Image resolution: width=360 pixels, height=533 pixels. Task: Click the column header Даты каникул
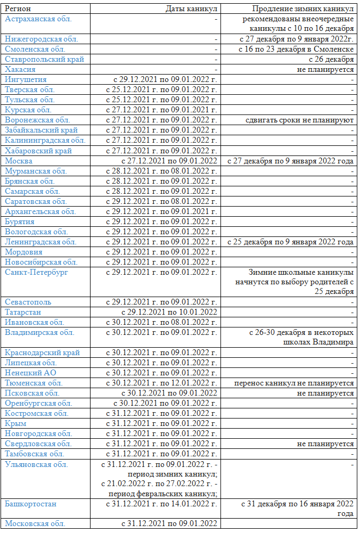click(x=191, y=9)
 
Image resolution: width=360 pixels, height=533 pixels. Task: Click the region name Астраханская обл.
click(x=38, y=19)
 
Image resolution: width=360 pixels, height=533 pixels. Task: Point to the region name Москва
click(x=19, y=161)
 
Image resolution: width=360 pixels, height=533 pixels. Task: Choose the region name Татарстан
click(x=23, y=312)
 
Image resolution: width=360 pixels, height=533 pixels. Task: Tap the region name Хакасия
click(x=20, y=69)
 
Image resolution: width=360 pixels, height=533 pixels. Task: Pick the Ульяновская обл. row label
click(x=37, y=464)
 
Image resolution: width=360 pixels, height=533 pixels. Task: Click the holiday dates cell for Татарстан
click(x=169, y=312)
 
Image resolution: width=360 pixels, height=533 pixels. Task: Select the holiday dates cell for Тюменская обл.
click(x=161, y=383)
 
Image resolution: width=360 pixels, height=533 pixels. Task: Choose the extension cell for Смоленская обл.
click(x=297, y=49)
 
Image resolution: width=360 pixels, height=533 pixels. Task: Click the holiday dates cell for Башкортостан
click(x=161, y=504)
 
